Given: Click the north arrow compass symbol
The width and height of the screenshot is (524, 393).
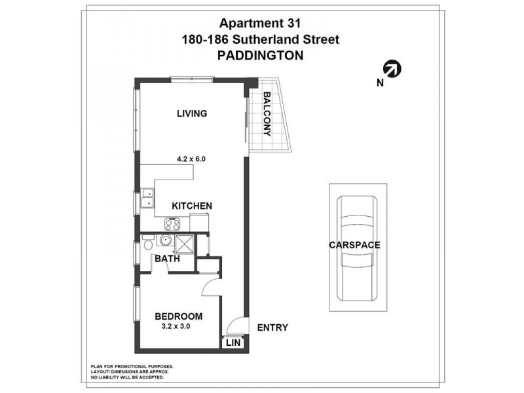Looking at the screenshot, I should pos(392,69).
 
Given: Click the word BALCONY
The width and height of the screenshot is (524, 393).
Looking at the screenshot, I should pos(267,113).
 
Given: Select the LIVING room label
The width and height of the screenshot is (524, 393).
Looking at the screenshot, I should pos(192,113).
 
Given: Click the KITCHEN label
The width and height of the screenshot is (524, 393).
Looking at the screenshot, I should pos(191,206).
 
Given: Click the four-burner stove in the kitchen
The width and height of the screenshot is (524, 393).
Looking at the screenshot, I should pos(172,224).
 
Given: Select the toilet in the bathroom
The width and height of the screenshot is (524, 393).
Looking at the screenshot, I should pos(148,245).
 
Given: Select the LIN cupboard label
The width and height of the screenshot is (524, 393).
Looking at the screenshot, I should pos(232,343).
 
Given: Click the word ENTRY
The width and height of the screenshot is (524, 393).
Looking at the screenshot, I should pos(272,328).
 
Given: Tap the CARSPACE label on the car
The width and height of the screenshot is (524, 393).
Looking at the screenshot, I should pos(355,245).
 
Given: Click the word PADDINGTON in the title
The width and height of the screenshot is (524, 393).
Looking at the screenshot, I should pos(260,56).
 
